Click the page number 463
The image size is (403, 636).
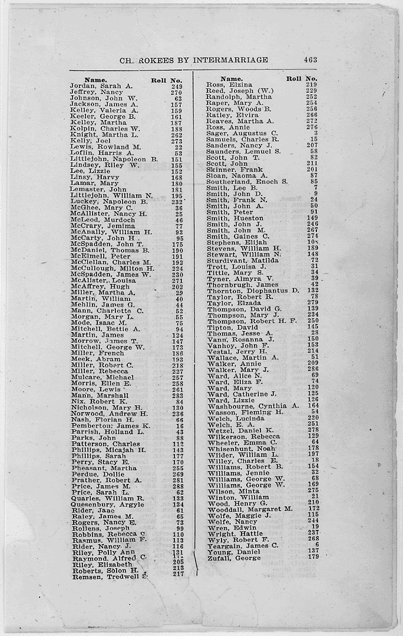[x=310, y=59]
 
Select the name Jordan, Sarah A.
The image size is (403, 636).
[x=101, y=86]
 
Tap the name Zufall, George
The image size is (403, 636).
[x=233, y=558]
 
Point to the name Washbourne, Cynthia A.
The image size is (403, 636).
[x=253, y=406]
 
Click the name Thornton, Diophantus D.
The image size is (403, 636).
[x=253, y=290]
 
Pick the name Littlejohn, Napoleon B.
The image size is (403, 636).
[x=114, y=159]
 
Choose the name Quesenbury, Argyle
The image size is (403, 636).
[x=107, y=505]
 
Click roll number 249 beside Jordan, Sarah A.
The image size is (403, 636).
[x=176, y=86]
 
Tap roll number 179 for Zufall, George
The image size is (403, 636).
[x=312, y=557]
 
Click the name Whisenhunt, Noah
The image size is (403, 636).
[x=242, y=448]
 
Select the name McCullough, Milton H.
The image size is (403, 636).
[x=112, y=268]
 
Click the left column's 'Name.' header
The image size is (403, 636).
[x=95, y=79]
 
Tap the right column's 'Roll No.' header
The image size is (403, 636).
[x=302, y=78]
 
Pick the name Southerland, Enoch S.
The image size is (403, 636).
[x=246, y=182]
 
